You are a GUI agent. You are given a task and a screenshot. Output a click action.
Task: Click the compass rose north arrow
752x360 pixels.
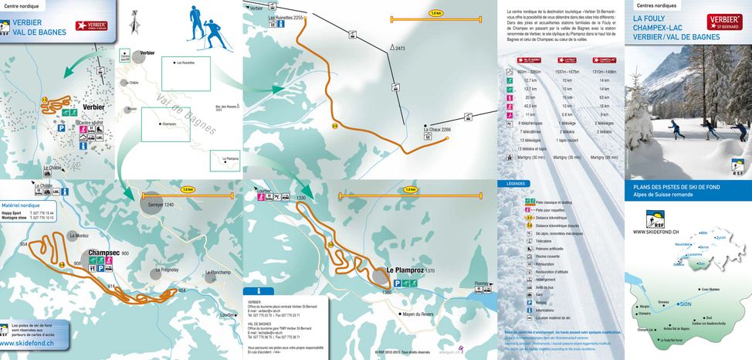click(x=134, y=21)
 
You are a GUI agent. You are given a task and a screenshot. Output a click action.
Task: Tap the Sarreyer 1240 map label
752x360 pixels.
click(x=159, y=205)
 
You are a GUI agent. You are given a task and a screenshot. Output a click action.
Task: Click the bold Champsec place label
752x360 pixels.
click(x=103, y=253)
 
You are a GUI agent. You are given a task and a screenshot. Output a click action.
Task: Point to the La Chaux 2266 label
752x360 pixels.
click(x=436, y=130)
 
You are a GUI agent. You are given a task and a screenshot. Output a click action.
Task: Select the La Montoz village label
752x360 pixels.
click(x=79, y=235)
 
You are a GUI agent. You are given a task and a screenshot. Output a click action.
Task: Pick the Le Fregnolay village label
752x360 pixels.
click(x=167, y=270)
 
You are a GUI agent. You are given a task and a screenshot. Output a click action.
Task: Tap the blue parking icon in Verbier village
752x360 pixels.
click(x=83, y=138)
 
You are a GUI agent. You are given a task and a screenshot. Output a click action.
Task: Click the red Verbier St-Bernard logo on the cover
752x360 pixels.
click(x=723, y=21)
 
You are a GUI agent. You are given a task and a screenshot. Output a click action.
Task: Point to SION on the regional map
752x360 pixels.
click(x=685, y=304)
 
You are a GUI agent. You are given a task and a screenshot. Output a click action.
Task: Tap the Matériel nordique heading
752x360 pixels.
click(x=21, y=205)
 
